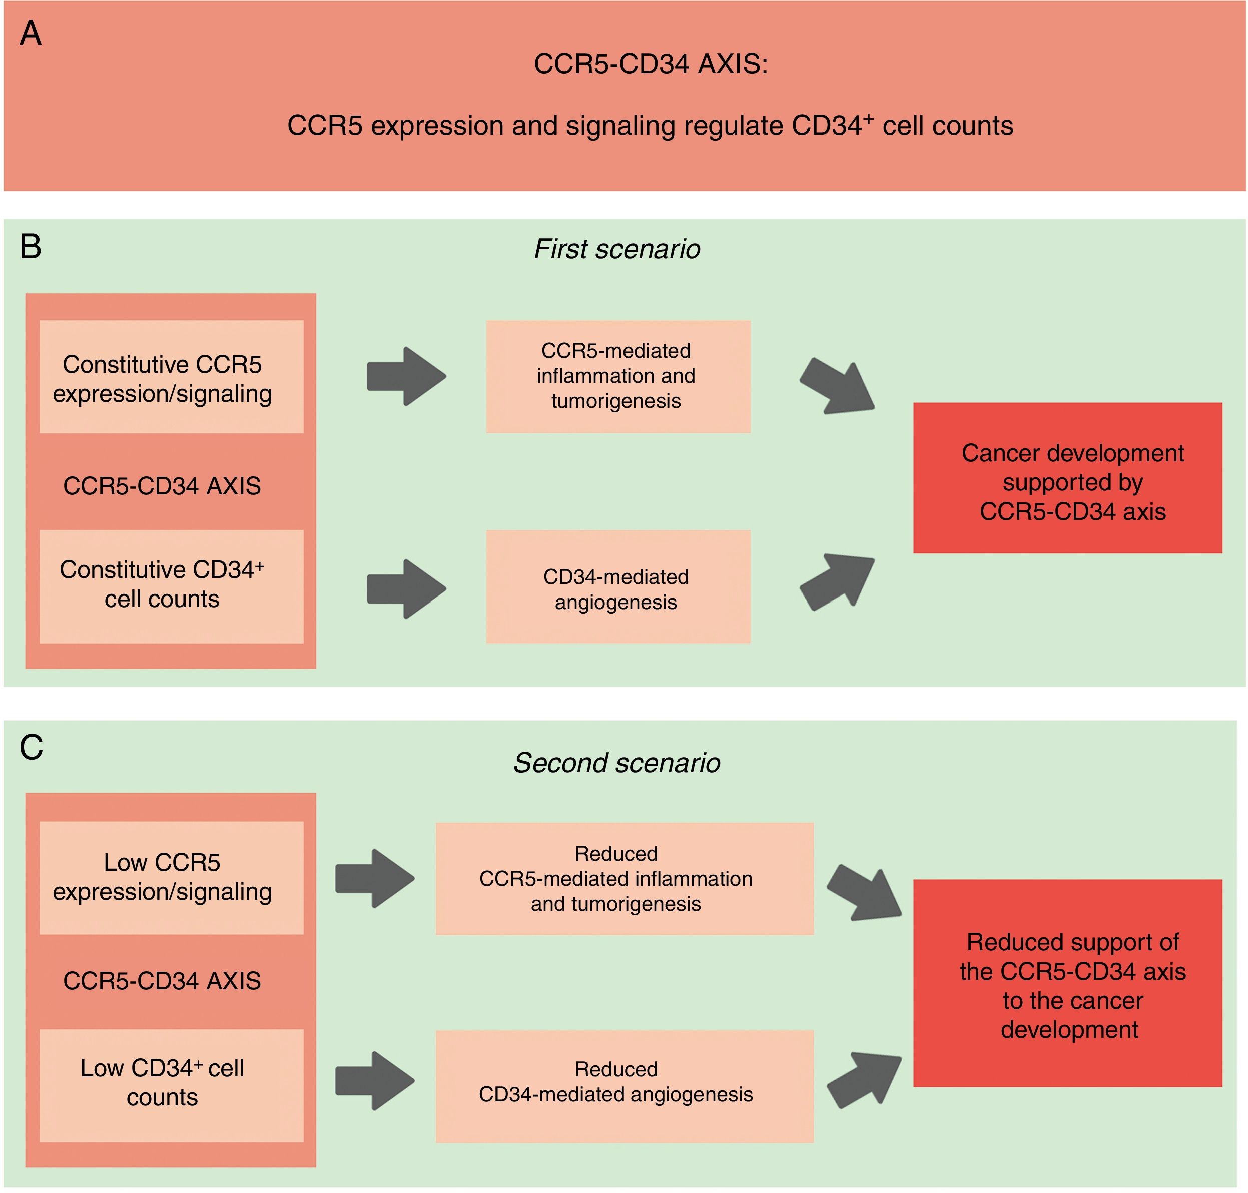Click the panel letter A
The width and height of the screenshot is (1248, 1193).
31,33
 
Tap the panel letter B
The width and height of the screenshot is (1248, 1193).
31,246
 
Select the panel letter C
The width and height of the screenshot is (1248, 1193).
31,747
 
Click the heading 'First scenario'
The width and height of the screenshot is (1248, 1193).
616,249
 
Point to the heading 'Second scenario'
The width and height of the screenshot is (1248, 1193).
616,763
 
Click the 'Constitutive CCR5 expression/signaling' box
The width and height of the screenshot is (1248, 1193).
171,377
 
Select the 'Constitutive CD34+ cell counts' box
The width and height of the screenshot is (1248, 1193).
171,585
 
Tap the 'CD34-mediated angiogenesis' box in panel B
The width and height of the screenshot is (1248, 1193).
618,587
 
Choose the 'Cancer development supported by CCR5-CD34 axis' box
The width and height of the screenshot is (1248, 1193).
1067,478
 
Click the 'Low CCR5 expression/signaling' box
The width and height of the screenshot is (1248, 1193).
171,878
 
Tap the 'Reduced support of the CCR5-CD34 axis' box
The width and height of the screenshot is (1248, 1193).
1067,983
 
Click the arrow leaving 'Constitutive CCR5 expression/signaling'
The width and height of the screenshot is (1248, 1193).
406,376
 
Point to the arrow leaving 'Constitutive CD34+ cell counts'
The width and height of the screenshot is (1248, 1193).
406,589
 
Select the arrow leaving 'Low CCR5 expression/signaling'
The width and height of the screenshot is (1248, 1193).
374,878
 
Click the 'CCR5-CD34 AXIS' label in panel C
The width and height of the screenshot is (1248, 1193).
162,981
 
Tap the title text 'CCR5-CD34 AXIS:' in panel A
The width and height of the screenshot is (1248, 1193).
651,64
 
